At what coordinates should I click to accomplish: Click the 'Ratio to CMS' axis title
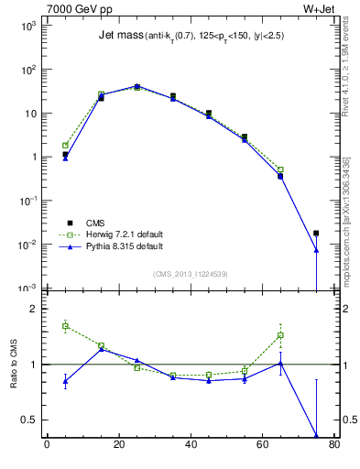[15, 367]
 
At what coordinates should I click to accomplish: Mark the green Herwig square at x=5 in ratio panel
[65, 326]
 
